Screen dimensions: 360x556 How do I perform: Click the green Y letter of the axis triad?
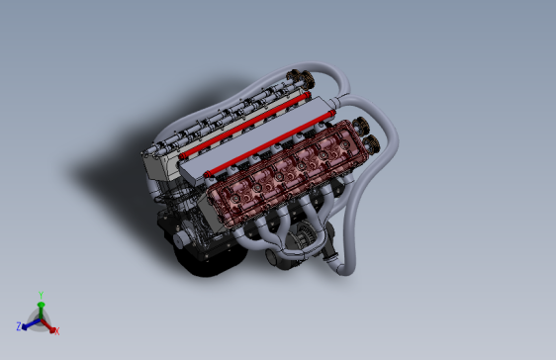[x=41, y=294]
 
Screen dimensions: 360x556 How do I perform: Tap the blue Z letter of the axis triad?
[x=19, y=324]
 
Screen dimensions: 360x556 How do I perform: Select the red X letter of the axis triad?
[x=56, y=330]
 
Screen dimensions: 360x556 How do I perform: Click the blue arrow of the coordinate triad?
[x=29, y=322]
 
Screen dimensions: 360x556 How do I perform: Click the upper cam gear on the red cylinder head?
[x=362, y=127]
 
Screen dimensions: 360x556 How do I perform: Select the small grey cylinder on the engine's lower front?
[x=179, y=238]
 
